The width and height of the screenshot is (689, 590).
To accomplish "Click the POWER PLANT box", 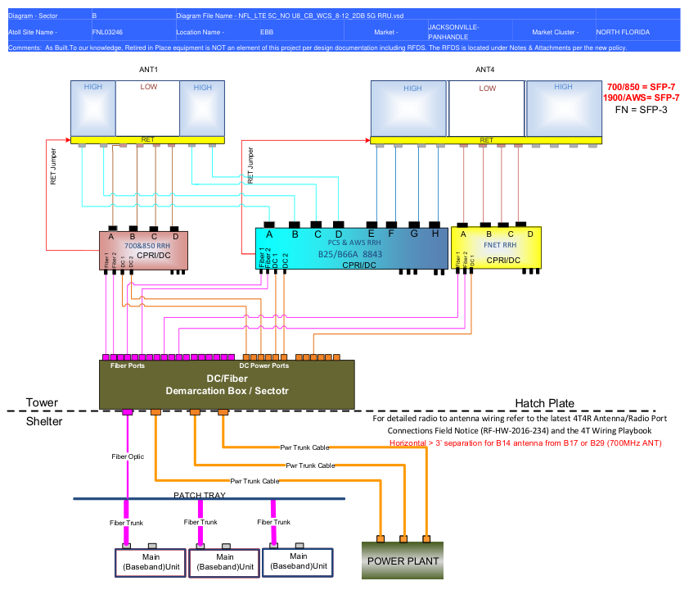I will [403, 560].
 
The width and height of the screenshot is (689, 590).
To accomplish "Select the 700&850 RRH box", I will [143, 250].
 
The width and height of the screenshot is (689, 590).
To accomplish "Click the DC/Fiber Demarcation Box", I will [227, 383].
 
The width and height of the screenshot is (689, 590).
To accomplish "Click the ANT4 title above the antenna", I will [485, 70].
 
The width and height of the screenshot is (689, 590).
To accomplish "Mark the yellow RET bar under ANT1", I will [147, 140].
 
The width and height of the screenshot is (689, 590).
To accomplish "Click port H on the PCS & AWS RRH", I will [435, 234].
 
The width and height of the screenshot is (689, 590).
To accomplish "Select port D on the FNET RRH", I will [531, 234].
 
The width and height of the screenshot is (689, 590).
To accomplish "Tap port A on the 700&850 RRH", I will [110, 237].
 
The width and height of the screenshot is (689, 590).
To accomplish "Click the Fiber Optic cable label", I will [128, 456].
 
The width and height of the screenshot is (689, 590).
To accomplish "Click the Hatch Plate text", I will [544, 403].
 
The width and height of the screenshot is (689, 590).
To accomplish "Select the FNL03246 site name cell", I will [108, 32].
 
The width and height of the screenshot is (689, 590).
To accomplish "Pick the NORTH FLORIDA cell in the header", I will [624, 32].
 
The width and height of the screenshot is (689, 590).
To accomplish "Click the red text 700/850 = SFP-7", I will [642, 87].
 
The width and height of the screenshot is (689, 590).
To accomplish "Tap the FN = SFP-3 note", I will [642, 108].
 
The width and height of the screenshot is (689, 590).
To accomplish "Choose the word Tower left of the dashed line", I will [42, 403].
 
